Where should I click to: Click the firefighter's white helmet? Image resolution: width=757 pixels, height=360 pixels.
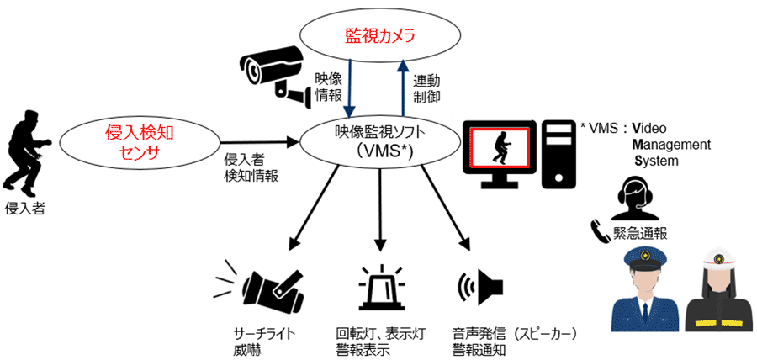(717, 258)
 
